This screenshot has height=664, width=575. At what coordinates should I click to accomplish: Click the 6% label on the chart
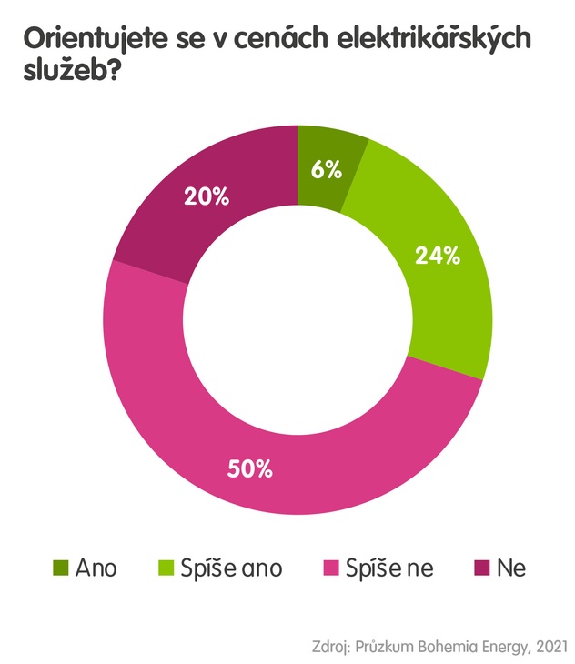[328, 169]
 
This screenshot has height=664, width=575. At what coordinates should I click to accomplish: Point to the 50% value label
[250, 470]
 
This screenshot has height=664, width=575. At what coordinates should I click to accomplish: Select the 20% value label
[206, 196]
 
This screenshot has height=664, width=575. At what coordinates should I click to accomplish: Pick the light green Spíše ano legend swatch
[168, 568]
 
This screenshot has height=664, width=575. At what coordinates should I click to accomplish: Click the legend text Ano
[96, 568]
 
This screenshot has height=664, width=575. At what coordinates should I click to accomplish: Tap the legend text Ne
[511, 568]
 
